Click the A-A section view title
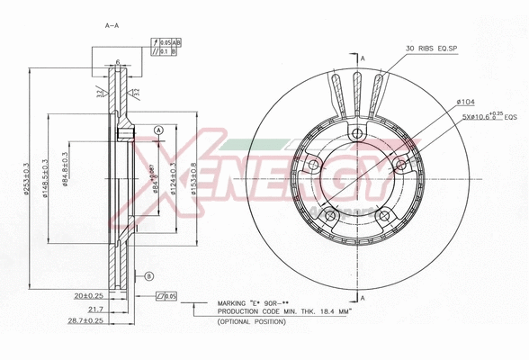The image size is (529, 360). click(x=112, y=25)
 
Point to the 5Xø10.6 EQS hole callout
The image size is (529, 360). click(x=489, y=117)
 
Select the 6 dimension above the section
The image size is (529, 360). click(x=118, y=61)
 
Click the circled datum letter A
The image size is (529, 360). click(x=158, y=130)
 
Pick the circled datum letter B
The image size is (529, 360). click(x=149, y=275)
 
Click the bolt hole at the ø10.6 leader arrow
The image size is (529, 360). click(x=399, y=164)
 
